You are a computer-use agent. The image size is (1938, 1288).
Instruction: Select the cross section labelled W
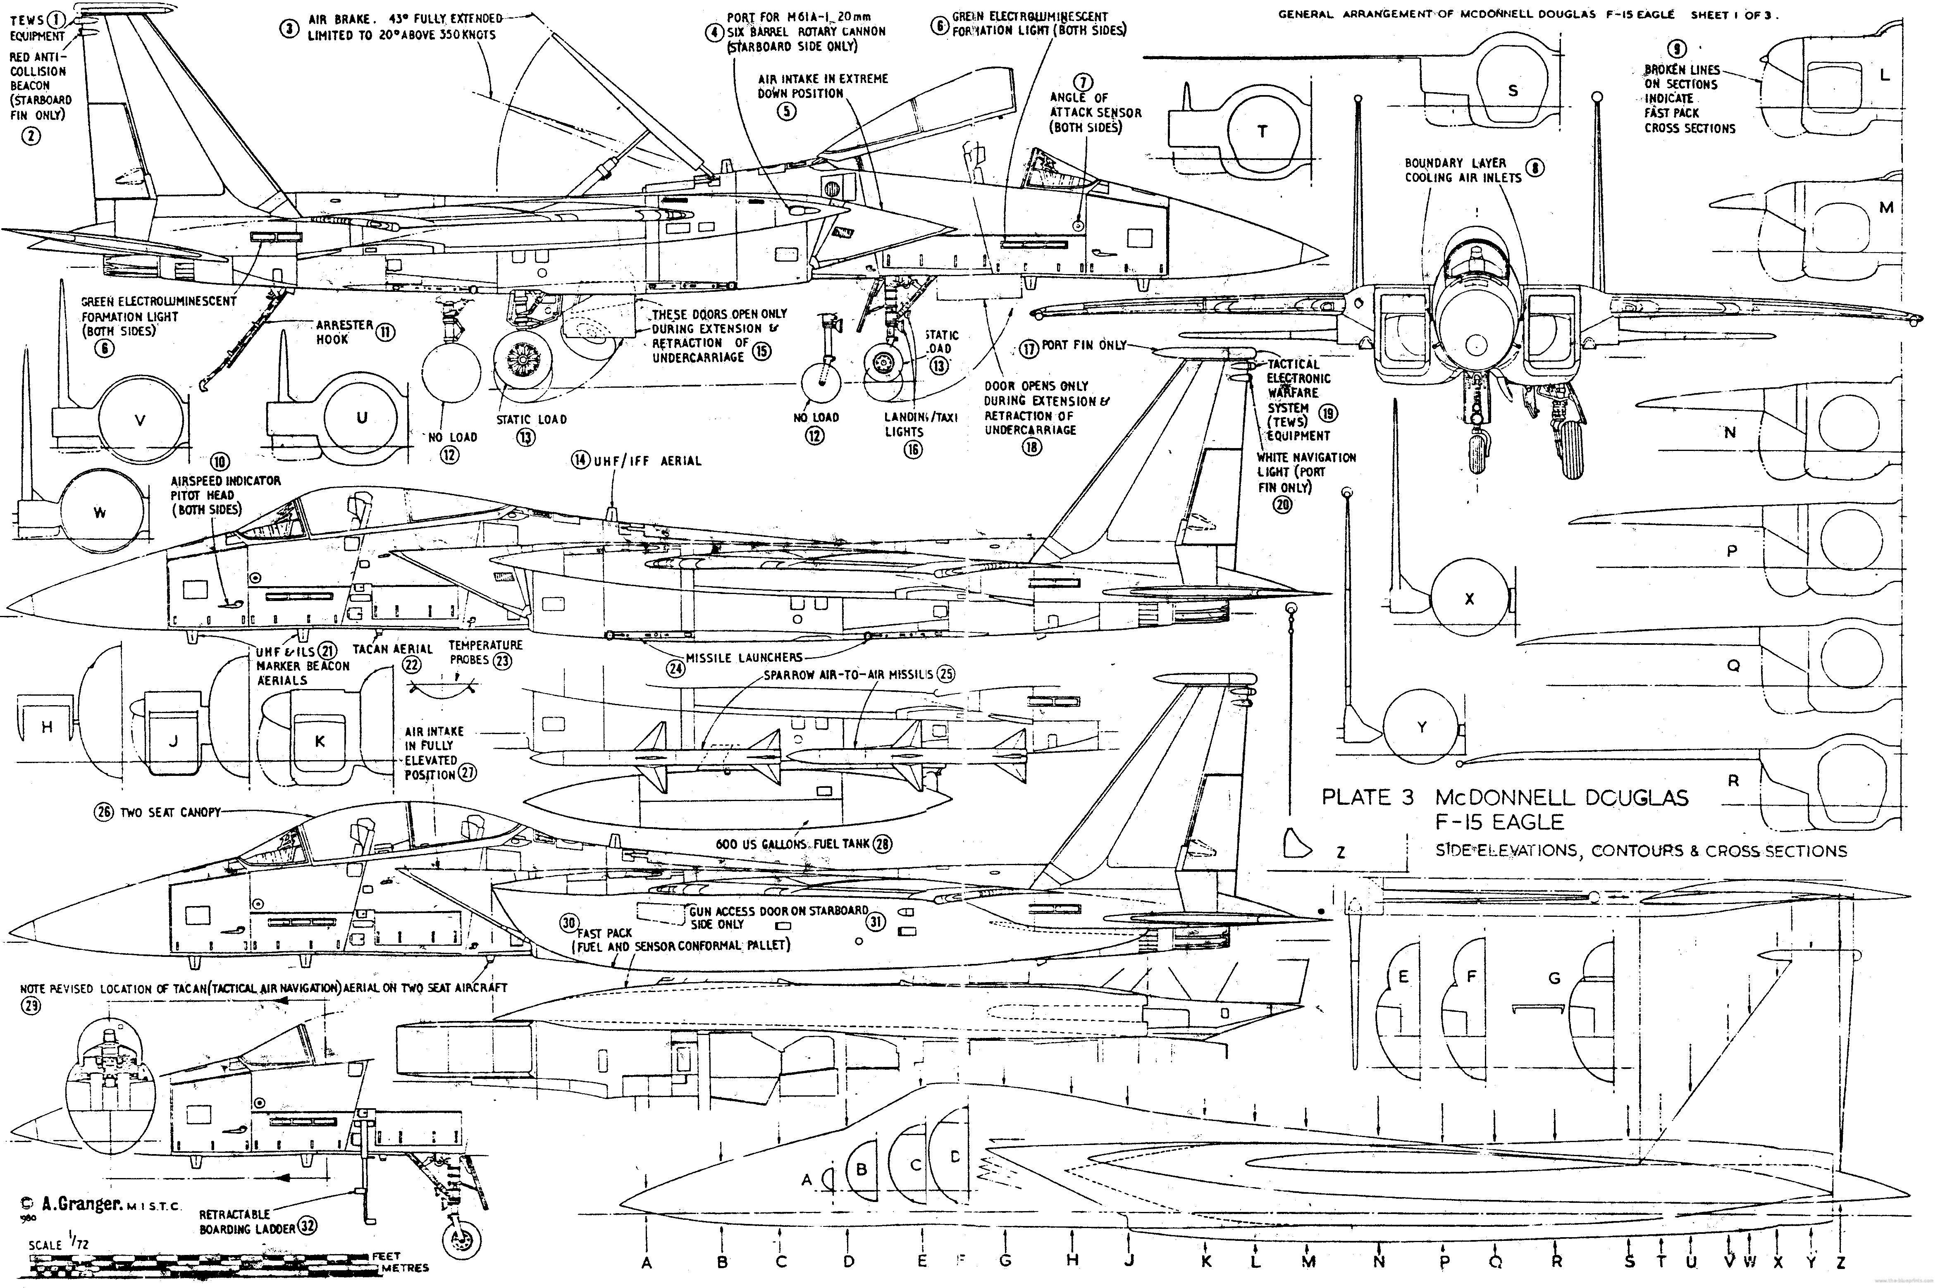pyautogui.click(x=100, y=513)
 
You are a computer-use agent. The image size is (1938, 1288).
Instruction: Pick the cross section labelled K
pyautogui.click(x=320, y=741)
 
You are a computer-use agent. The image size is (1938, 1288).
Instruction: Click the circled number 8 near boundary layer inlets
pyautogui.click(x=1534, y=168)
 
